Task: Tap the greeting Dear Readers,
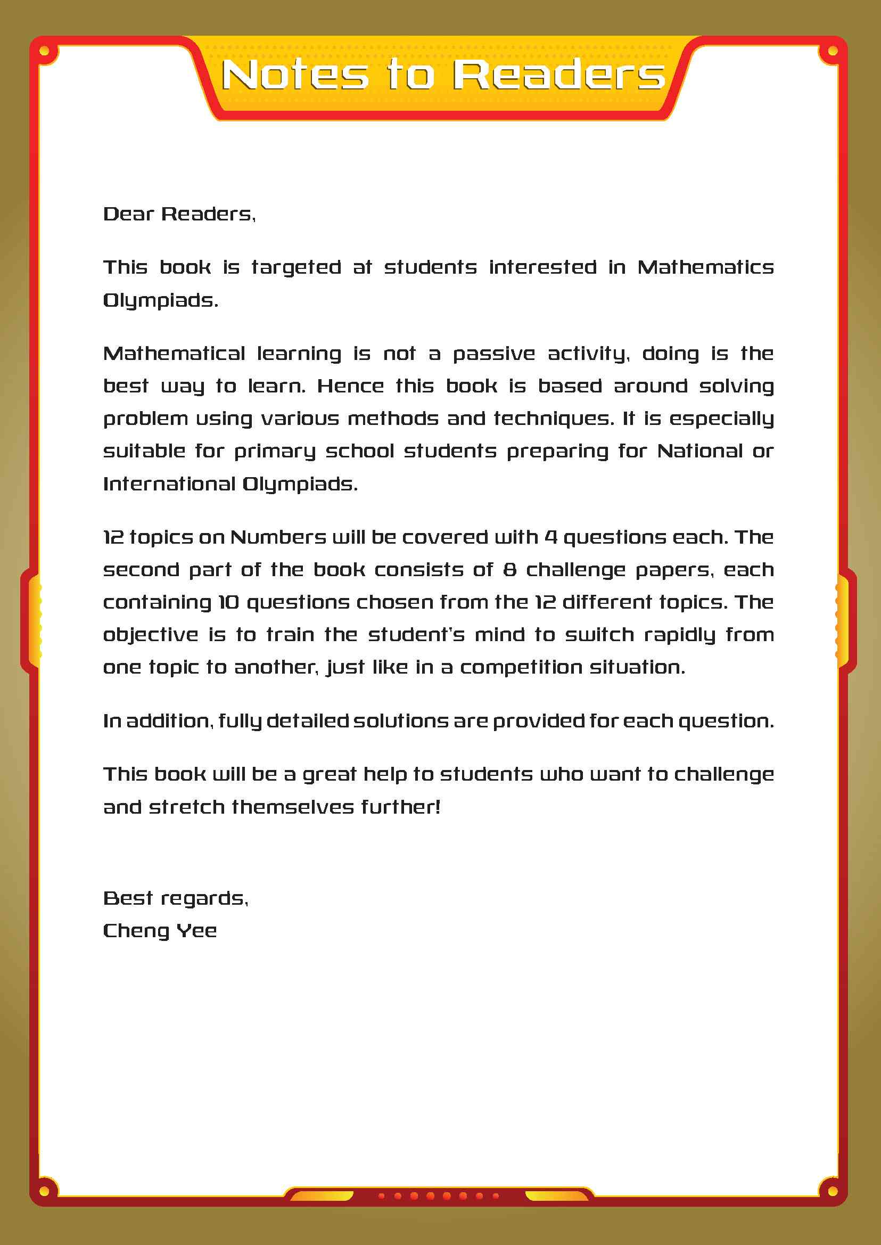[179, 214]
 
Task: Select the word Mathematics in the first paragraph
[705, 267]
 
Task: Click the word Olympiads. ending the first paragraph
[161, 300]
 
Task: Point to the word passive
[493, 354]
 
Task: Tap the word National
[699, 451]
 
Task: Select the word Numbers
[278, 537]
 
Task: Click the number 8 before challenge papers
[509, 569]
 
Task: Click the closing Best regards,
[176, 898]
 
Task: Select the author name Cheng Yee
[160, 931]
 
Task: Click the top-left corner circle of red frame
[45, 52]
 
